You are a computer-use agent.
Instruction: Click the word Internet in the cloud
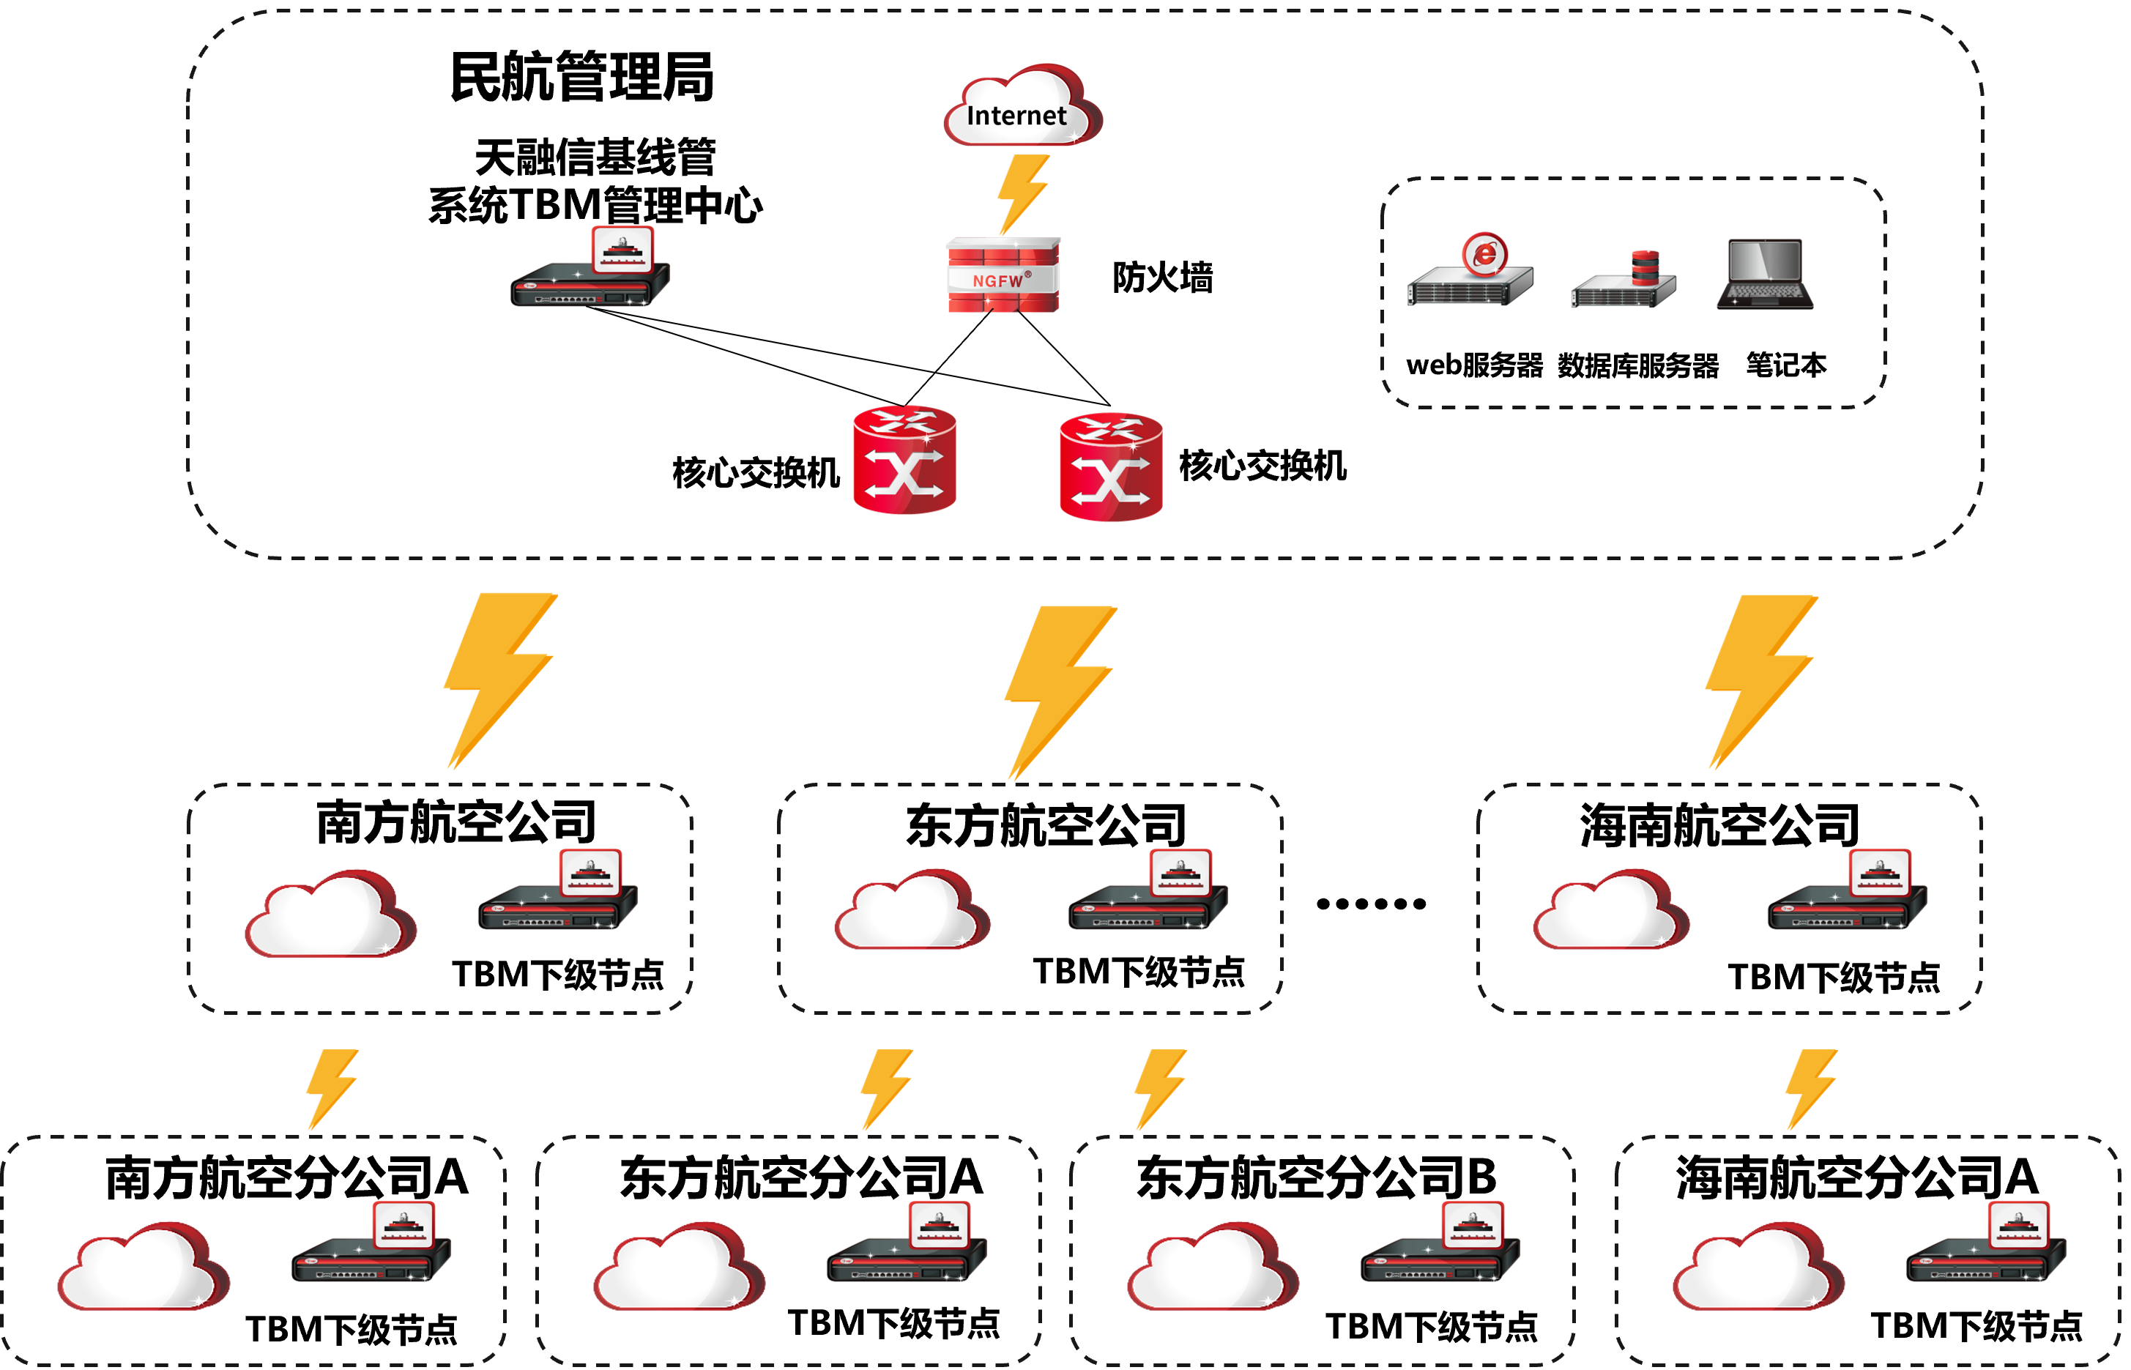click(1016, 116)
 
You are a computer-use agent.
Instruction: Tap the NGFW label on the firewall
click(998, 280)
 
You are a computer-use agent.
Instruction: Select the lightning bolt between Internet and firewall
click(1022, 194)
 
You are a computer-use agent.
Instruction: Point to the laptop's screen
click(1764, 260)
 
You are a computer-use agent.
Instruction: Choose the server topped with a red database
click(1624, 283)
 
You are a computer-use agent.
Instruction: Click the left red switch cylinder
click(904, 460)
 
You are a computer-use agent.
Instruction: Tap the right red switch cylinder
click(1110, 466)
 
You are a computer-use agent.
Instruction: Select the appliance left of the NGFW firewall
click(590, 272)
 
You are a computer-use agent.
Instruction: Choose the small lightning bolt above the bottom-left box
click(331, 1089)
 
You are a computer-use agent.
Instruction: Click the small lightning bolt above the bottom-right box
click(1811, 1089)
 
